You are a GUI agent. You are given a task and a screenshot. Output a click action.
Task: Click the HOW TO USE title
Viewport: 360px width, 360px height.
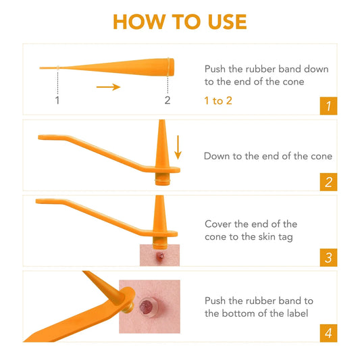[180, 21]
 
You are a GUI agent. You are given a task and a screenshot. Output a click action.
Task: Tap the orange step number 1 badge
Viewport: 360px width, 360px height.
[328, 106]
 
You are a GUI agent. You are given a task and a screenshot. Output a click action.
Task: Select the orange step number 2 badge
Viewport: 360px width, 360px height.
[328, 182]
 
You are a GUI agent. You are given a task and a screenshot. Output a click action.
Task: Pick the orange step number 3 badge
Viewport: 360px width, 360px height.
[328, 257]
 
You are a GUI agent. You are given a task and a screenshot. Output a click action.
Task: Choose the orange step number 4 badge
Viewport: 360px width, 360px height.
[328, 333]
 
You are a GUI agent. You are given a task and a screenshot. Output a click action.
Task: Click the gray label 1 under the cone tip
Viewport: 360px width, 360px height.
[57, 101]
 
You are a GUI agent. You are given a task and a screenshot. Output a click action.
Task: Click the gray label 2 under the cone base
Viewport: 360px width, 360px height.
[168, 101]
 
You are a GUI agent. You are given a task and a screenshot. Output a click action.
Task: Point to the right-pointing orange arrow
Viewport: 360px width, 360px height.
[107, 86]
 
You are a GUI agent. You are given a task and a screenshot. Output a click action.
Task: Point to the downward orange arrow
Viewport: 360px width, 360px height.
[178, 147]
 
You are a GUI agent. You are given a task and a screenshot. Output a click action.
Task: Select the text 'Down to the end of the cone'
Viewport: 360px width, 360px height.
[268, 156]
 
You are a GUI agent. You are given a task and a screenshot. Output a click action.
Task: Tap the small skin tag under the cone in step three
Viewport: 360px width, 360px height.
[161, 257]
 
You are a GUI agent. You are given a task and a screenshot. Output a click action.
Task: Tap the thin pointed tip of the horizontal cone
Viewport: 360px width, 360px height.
[42, 68]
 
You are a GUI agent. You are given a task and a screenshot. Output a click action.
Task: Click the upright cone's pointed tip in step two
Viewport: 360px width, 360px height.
[162, 124]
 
